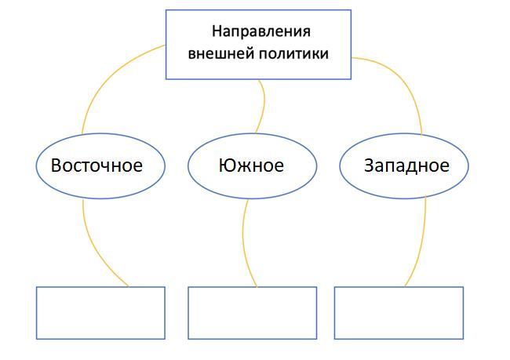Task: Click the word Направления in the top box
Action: (x=261, y=32)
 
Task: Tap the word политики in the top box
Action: (x=293, y=54)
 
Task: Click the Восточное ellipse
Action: (x=100, y=165)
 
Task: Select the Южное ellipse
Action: (x=252, y=165)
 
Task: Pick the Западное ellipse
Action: (x=404, y=165)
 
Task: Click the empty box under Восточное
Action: (x=100, y=313)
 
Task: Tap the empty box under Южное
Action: (x=252, y=313)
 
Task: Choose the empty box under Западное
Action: (x=399, y=313)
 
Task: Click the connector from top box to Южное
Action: (x=263, y=102)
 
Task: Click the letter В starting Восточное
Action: (x=56, y=166)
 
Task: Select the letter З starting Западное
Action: (x=369, y=166)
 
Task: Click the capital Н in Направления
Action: (x=217, y=32)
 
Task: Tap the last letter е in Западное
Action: (x=445, y=167)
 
